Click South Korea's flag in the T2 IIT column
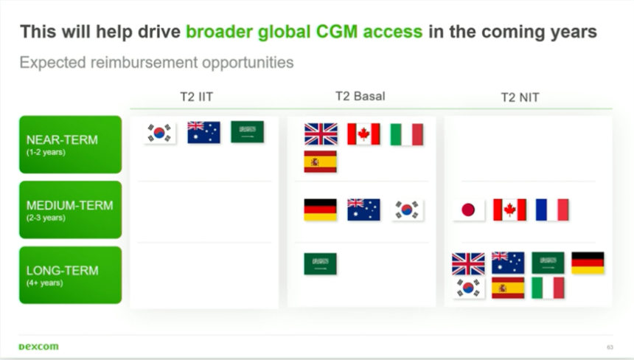tap(160, 133)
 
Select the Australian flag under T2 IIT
tap(203, 132)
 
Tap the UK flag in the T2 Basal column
tap(321, 134)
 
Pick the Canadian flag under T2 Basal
tap(363, 134)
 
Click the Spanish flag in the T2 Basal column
tap(320, 162)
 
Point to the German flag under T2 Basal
tap(320, 210)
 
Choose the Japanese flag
tap(468, 210)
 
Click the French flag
tap(552, 210)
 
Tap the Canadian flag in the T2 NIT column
tap(509, 210)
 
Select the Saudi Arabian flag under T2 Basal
tap(320, 264)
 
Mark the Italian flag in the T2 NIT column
tap(548, 288)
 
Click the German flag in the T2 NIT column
tap(588, 263)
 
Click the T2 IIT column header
tap(197, 97)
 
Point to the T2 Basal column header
tap(360, 96)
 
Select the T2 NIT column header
tap(520, 97)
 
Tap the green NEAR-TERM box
tap(70, 145)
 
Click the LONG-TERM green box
tap(70, 275)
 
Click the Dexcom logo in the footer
tap(39, 347)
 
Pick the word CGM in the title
tap(337, 32)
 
